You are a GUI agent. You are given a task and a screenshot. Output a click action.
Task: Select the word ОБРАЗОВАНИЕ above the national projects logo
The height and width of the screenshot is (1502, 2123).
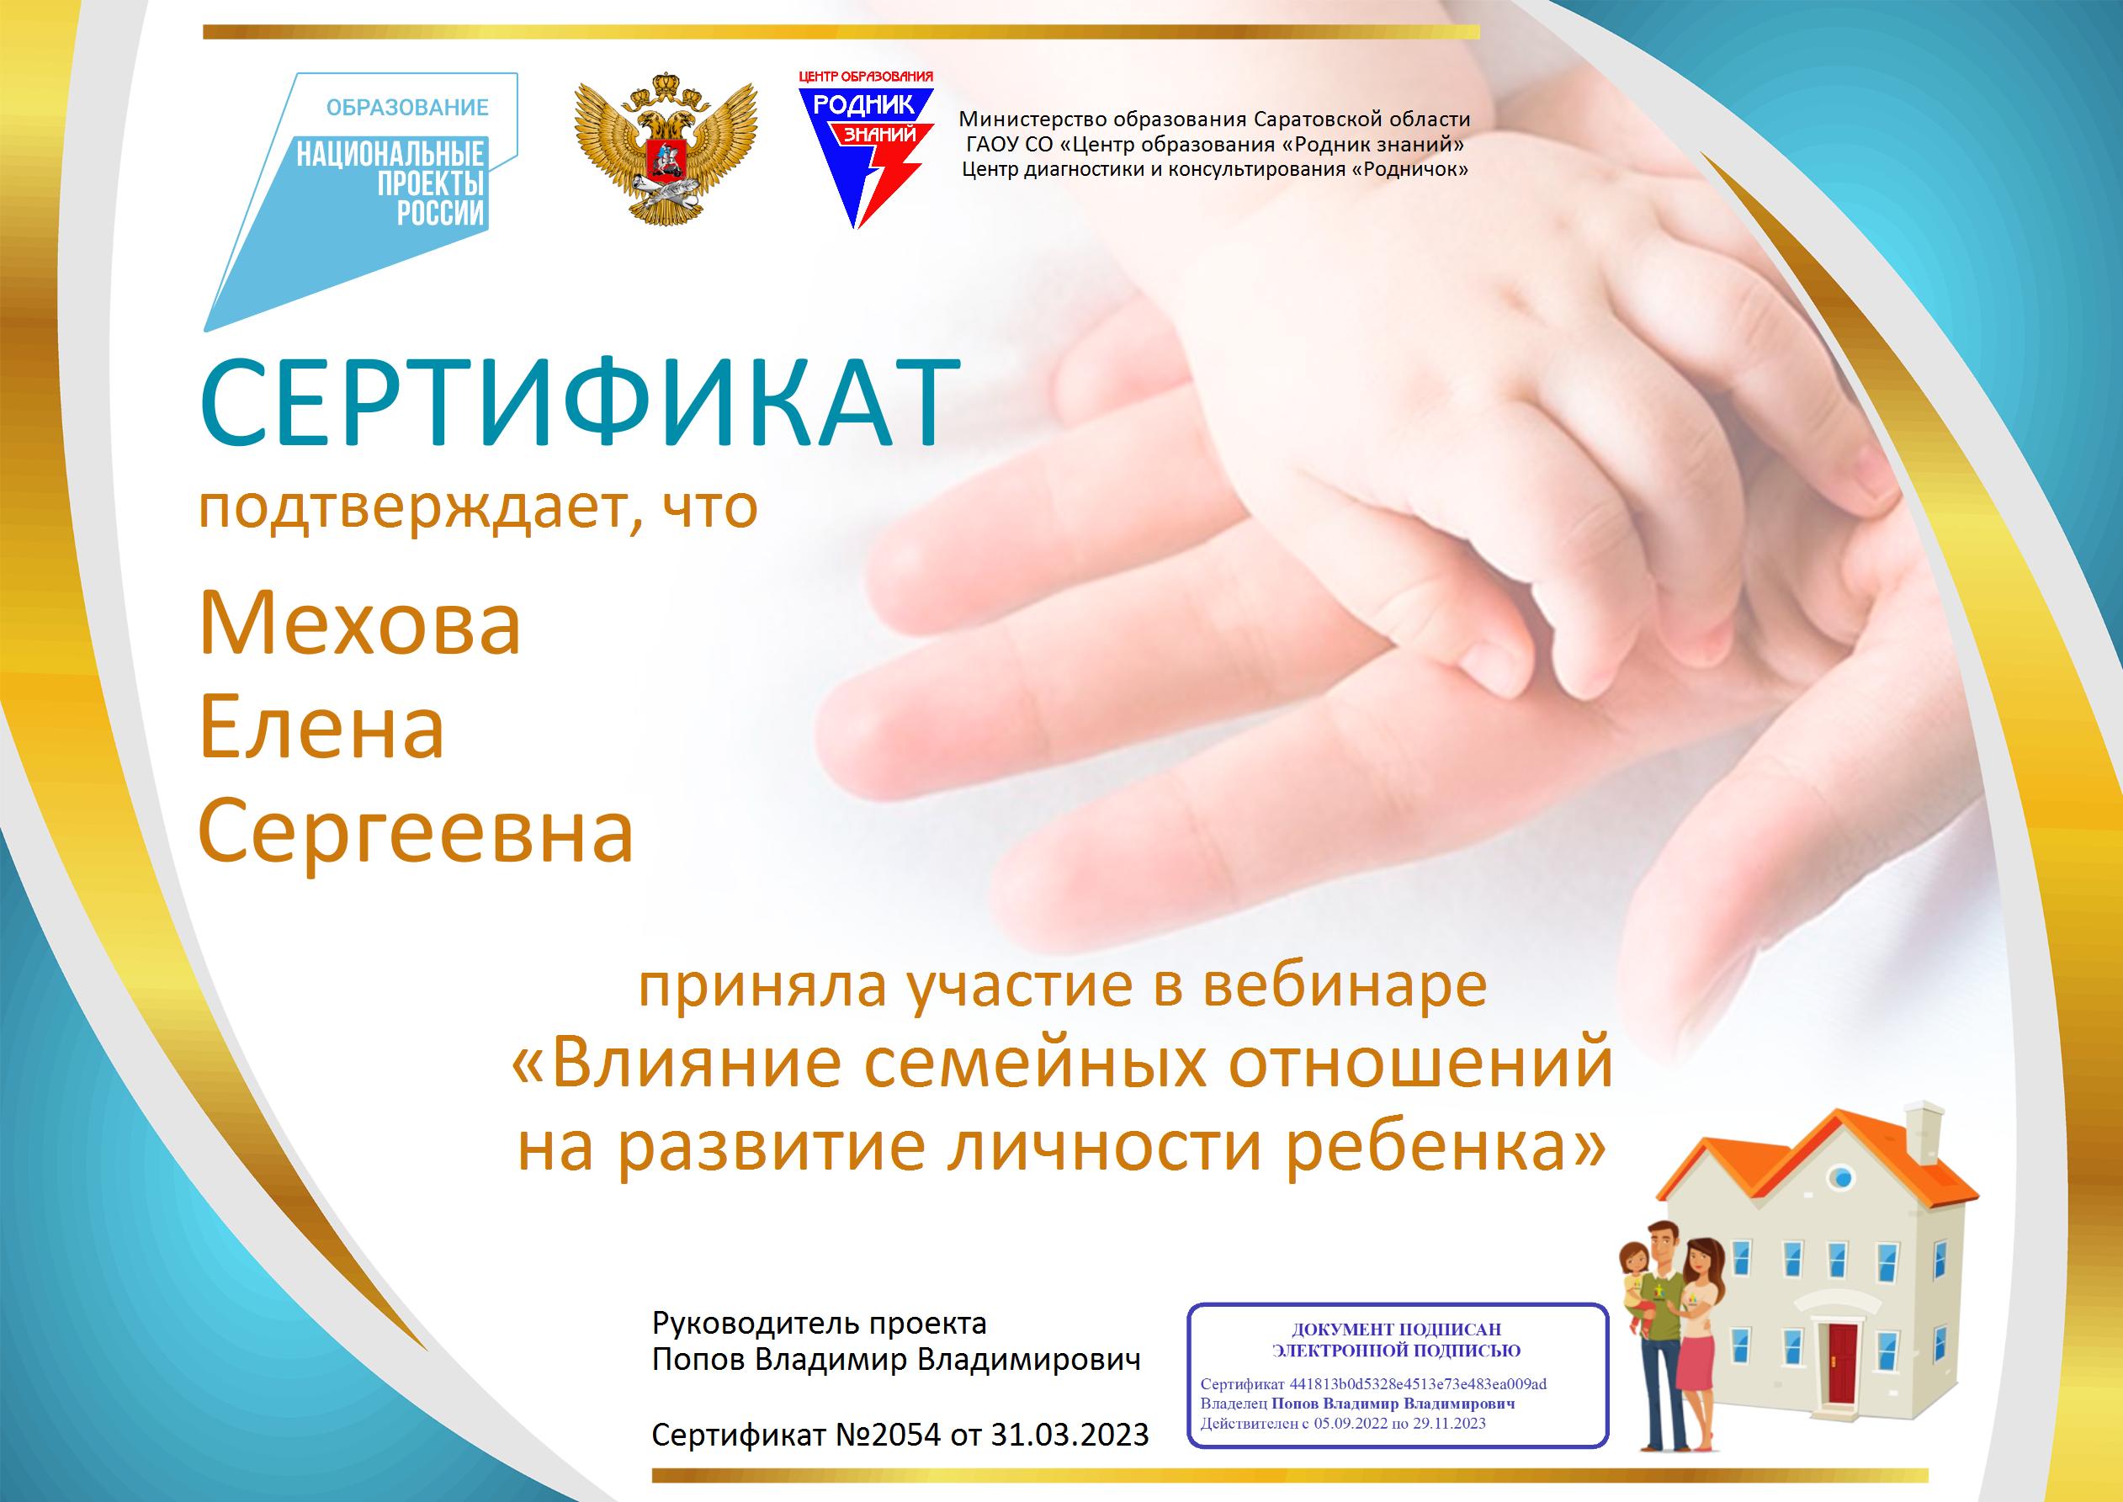pyautogui.click(x=407, y=109)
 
